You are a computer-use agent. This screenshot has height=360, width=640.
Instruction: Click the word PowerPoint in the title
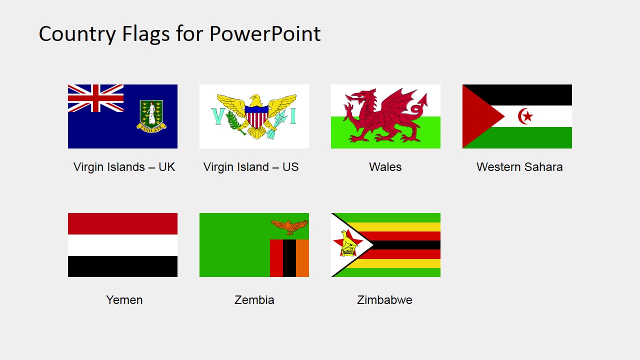point(265,34)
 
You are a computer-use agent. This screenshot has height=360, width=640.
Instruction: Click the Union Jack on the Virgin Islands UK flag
point(95,98)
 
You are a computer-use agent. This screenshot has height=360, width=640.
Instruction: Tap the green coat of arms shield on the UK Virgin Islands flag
point(151,113)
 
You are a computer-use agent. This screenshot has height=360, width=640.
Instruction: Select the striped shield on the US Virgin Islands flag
point(256,118)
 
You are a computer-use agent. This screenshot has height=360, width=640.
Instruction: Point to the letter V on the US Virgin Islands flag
point(217,116)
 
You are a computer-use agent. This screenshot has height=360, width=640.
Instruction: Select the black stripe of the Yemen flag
point(122,266)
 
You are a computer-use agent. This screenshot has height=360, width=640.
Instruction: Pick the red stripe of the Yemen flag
point(122,223)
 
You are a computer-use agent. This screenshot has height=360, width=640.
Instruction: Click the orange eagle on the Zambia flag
point(289,226)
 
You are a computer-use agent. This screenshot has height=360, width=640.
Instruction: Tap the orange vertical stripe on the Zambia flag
point(302,258)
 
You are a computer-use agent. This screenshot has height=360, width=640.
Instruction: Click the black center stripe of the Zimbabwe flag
point(410,245)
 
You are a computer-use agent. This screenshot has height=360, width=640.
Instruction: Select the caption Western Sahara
point(519,167)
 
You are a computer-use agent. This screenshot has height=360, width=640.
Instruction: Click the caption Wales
point(385,167)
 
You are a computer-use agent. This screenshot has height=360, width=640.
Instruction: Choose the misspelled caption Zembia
point(254,300)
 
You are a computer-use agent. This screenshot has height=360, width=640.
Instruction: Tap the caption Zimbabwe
point(384,300)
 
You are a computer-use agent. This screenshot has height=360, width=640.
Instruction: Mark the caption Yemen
point(124,300)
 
